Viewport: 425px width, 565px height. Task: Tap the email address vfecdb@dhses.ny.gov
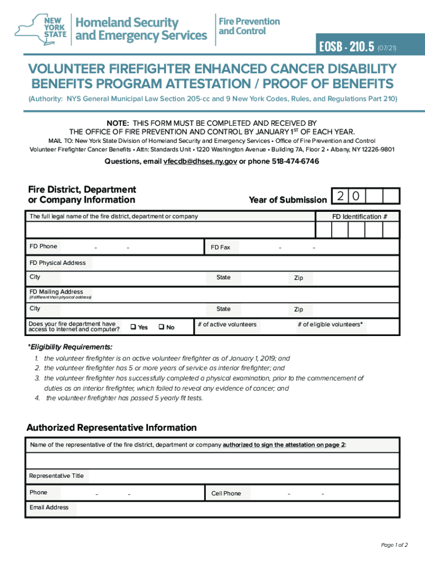tap(200, 162)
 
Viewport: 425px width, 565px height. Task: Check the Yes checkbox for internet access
tap(133, 327)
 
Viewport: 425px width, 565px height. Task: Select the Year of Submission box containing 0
tap(357, 196)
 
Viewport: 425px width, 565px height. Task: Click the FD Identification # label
tap(359, 217)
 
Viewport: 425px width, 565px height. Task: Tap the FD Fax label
tap(220, 248)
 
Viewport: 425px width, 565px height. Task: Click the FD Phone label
tap(43, 246)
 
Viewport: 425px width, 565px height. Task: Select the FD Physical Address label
tap(57, 263)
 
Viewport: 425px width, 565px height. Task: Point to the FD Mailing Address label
tap(56, 292)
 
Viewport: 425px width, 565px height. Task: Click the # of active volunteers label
tap(227, 324)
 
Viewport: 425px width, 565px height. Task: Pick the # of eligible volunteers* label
tap(330, 324)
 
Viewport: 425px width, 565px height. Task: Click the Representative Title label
tap(56, 476)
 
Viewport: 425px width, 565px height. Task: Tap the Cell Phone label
tap(226, 493)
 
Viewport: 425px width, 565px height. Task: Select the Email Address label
tap(49, 507)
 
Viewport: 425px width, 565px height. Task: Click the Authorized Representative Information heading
tap(111, 428)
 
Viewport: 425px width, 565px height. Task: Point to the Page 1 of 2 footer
tap(394, 545)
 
